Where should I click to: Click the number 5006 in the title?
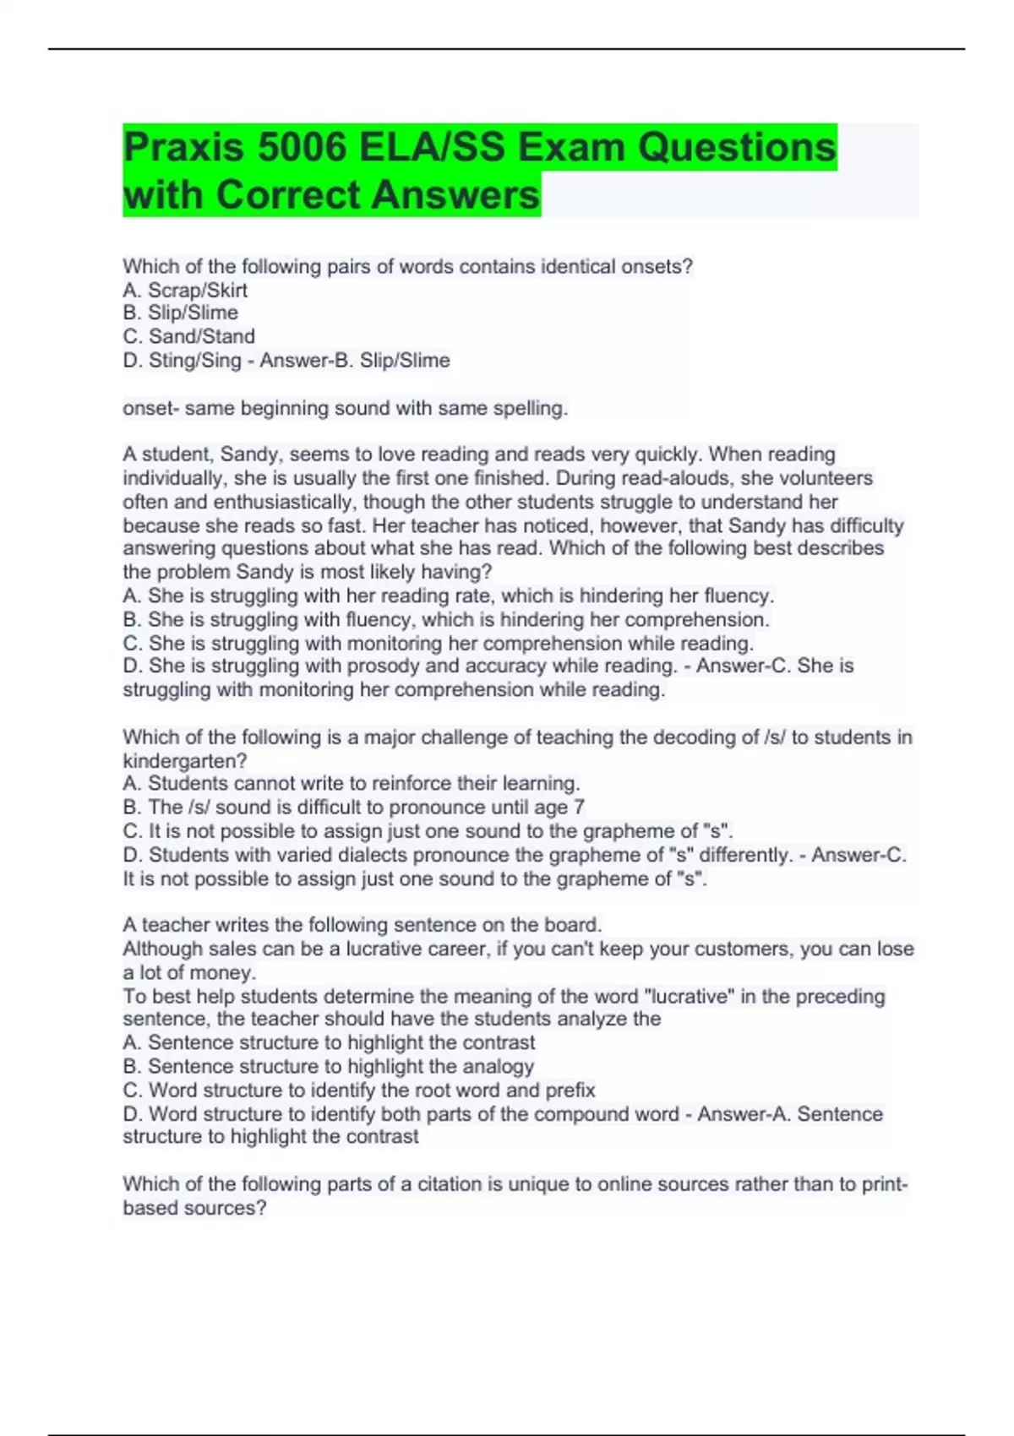point(301,148)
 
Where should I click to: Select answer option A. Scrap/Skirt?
point(185,291)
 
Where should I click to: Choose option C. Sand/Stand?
point(188,336)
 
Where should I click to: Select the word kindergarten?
point(184,761)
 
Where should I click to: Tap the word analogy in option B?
point(499,1067)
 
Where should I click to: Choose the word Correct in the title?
point(288,195)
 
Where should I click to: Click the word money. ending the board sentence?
point(223,973)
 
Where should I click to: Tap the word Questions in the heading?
point(736,148)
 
